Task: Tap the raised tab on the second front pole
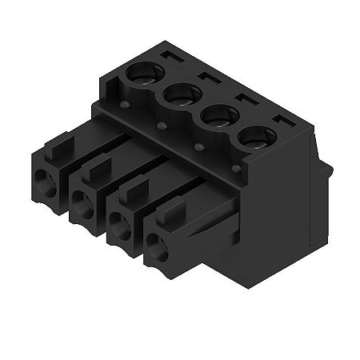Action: (94, 167)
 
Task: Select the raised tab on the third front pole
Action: (133, 189)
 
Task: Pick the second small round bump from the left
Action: (162, 126)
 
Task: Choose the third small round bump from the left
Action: (198, 148)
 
